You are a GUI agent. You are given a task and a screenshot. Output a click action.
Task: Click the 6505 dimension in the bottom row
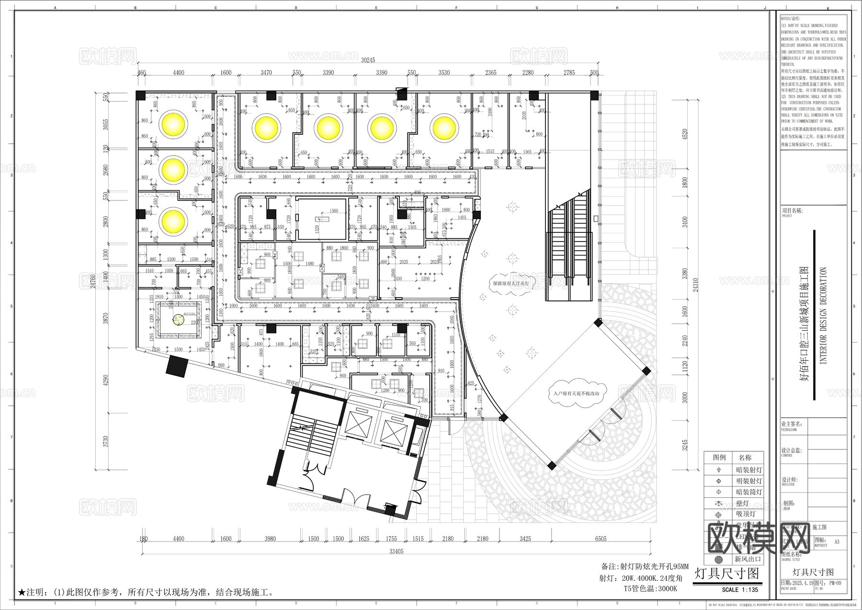(x=601, y=539)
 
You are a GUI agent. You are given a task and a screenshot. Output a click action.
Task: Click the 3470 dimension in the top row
(x=266, y=73)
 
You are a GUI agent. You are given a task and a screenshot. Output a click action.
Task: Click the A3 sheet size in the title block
(x=837, y=542)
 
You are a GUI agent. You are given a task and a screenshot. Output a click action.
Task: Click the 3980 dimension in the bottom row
(x=270, y=539)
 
